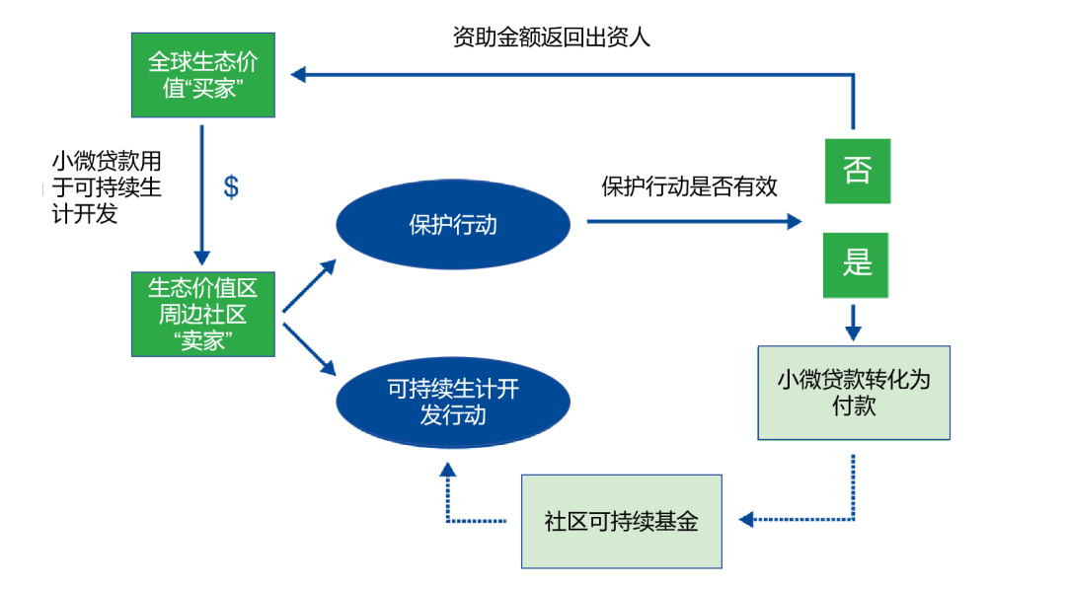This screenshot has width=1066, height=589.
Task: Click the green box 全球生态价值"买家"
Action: (202, 74)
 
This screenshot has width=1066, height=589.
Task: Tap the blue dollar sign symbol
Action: (231, 186)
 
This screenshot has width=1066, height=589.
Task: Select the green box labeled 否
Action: (857, 171)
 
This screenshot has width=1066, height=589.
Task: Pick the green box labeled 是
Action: (857, 264)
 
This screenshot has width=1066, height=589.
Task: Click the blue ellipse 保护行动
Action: (453, 224)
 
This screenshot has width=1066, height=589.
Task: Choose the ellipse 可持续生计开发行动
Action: (453, 401)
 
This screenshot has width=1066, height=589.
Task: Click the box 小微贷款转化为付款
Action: (853, 392)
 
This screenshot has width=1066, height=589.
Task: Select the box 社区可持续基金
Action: (621, 521)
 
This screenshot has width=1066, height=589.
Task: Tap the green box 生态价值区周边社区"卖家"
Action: (202, 315)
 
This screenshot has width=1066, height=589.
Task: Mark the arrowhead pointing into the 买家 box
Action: (299, 74)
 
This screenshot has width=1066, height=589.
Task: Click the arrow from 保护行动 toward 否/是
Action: (691, 222)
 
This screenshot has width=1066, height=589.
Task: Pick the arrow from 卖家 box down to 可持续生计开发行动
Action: (309, 344)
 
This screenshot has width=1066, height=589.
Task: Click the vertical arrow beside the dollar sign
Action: (201, 197)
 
